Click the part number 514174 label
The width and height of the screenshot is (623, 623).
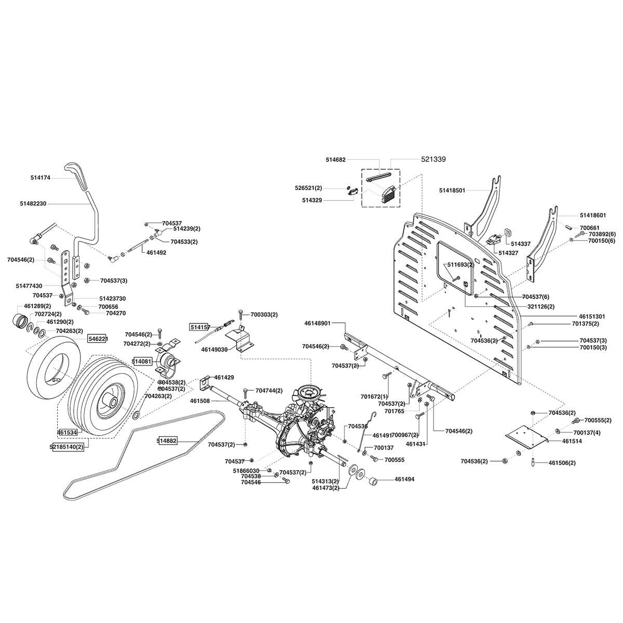tap(40, 178)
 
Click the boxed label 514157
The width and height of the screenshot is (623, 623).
tap(200, 327)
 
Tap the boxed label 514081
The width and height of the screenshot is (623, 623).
tap(141, 361)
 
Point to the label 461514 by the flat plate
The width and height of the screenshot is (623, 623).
tap(572, 441)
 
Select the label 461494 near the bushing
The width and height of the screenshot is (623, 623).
tap(405, 480)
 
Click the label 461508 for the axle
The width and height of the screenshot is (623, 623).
tap(200, 400)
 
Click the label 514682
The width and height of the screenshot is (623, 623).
tap(335, 160)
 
